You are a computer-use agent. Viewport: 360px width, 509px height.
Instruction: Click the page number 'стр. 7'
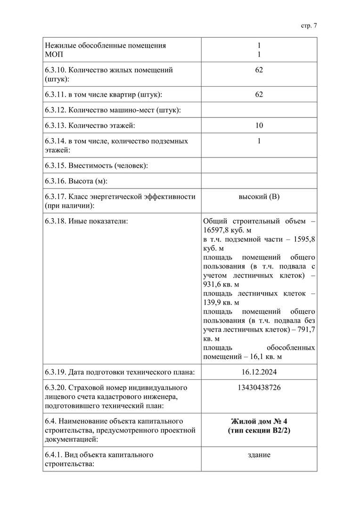coord(309,26)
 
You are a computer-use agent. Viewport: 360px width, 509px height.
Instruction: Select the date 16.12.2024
coord(259,372)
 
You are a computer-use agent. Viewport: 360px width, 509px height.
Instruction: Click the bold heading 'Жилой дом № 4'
coord(259,421)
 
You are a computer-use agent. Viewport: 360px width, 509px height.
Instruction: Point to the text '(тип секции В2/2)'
coord(259,430)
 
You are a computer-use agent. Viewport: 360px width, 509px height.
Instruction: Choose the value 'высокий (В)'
coord(259,197)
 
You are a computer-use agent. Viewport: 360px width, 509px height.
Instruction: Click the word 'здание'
coord(259,455)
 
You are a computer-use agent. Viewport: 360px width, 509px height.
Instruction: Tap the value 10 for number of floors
coord(259,126)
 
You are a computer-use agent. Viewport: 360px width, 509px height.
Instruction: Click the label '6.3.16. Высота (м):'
coord(80,181)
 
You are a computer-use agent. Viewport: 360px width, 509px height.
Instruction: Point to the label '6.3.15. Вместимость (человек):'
coord(97,165)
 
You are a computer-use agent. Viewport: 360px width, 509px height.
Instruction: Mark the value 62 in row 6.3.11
coord(259,95)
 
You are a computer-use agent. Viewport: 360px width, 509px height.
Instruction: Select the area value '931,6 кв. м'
coord(221,284)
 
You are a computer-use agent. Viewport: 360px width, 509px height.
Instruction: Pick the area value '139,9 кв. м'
coord(221,302)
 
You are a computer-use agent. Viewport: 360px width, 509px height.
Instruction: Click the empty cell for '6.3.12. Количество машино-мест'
coord(259,110)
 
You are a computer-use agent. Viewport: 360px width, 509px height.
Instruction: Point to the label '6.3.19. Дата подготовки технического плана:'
coord(120,372)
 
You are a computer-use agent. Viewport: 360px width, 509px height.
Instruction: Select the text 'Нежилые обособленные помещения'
coord(106,46)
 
